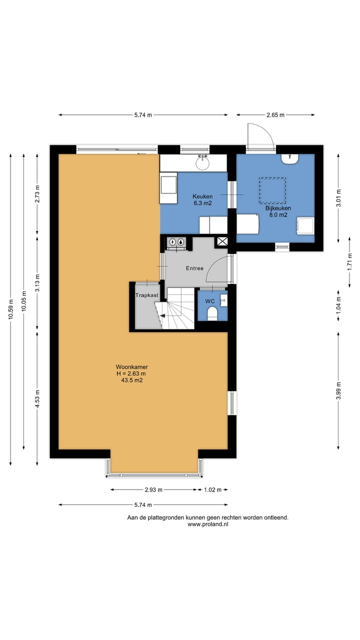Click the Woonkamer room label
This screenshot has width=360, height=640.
[x=131, y=367]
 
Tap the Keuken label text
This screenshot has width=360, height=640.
[x=202, y=196]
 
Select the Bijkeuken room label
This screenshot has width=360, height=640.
[x=278, y=208]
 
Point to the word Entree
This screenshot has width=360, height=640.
[x=194, y=268]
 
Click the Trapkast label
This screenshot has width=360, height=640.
[x=147, y=295]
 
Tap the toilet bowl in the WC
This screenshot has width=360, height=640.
[x=212, y=313]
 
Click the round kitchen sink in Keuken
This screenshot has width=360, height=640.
[x=202, y=163]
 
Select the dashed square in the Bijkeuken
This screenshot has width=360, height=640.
[x=272, y=190]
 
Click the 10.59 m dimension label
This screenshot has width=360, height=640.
[x=10, y=309]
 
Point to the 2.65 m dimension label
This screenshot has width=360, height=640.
[x=275, y=115]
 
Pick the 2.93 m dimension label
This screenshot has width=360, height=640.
[x=153, y=489]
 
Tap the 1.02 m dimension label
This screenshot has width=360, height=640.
[x=212, y=489]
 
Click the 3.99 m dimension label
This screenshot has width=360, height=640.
[x=338, y=391]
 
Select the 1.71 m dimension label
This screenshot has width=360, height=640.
[x=349, y=261]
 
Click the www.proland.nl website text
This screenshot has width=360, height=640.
[x=207, y=524]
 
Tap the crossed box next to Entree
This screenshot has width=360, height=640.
[x=222, y=241]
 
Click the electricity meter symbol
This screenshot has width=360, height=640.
[x=172, y=242]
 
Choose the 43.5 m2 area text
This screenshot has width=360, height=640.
[x=131, y=380]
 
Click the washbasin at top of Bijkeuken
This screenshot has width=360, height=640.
[x=289, y=158]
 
